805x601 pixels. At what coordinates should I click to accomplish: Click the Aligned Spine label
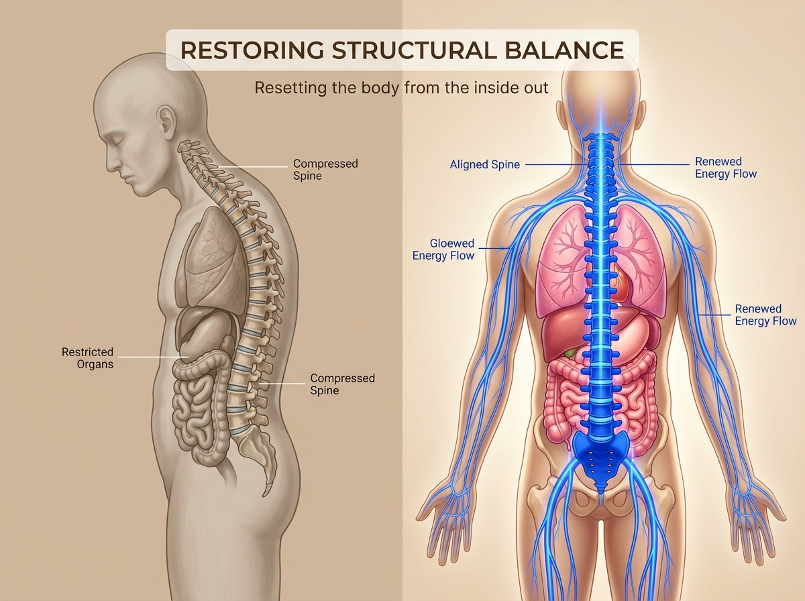tap(484, 164)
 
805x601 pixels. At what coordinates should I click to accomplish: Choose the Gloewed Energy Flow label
tap(443, 250)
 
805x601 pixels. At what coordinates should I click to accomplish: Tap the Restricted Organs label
tap(87, 358)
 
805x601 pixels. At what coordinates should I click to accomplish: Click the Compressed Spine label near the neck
tap(325, 170)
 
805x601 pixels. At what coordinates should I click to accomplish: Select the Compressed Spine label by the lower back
tap(342, 384)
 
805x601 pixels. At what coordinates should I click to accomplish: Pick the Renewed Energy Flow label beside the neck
tap(725, 168)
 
